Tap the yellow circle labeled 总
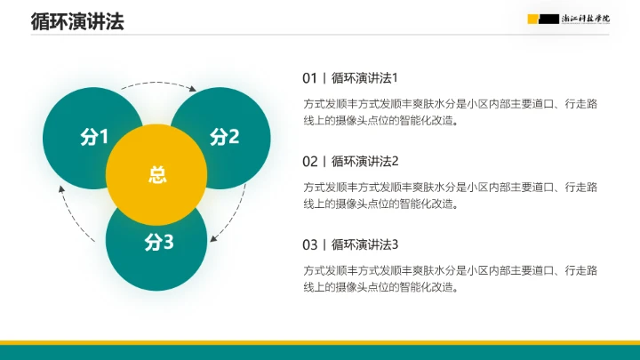click(x=156, y=175)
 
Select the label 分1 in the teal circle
click(x=93, y=137)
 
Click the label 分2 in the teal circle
click(x=225, y=137)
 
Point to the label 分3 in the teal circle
click(x=159, y=241)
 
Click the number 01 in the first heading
click(x=309, y=77)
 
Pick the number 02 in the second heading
click(x=309, y=161)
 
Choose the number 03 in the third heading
click(x=309, y=244)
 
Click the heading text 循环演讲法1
click(x=365, y=77)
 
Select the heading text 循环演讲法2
click(x=365, y=161)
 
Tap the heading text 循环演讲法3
click(x=365, y=244)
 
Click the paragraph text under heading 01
click(x=450, y=113)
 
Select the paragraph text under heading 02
click(x=450, y=196)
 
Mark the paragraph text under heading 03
click(x=450, y=278)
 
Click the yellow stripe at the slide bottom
click(x=320, y=342)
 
